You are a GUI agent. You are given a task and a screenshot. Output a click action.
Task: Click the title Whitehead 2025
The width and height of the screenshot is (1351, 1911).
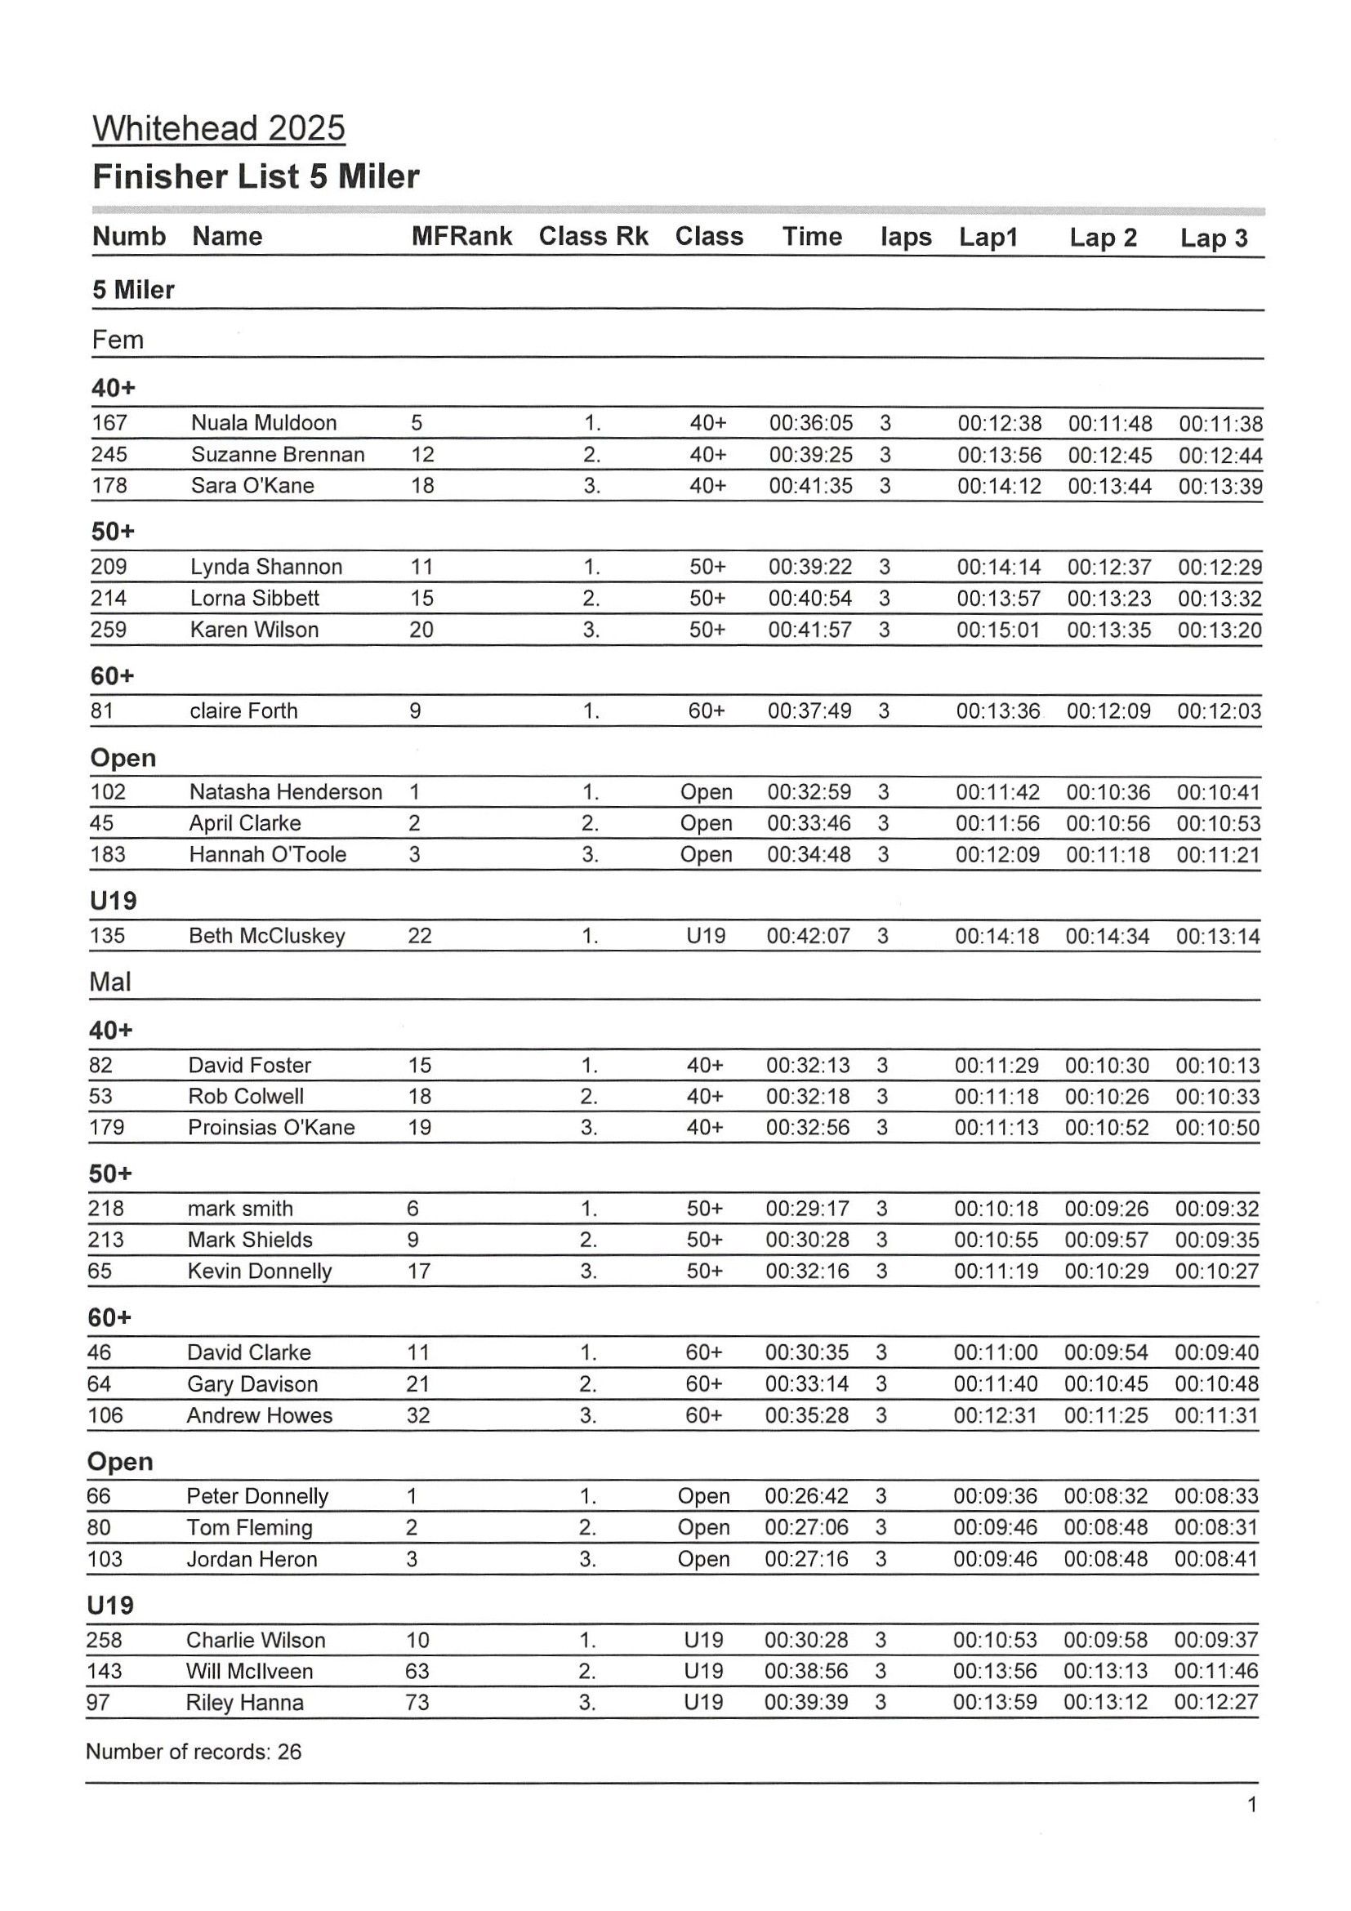(218, 128)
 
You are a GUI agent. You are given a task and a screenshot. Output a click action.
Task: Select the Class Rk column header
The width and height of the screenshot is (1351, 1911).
(593, 236)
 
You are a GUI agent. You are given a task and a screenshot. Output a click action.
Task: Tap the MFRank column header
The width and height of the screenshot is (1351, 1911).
(461, 236)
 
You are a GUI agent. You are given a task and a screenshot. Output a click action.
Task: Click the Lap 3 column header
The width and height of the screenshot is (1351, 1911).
(1213, 238)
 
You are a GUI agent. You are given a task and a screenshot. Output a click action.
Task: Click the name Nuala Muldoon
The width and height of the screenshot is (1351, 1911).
(263, 423)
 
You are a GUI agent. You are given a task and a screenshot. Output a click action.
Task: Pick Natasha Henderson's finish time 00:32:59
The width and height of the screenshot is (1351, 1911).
(809, 791)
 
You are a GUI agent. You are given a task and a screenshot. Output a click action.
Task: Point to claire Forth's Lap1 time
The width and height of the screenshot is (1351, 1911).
(997, 710)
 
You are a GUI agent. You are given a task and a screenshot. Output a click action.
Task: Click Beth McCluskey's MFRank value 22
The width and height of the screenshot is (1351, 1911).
(420, 936)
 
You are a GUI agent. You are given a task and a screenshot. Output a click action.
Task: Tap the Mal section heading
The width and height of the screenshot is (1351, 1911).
(110, 982)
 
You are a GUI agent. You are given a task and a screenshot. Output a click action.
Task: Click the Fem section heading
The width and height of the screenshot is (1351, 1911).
(118, 340)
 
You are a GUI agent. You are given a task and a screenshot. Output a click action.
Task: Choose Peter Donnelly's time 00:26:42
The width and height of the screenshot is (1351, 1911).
(805, 1495)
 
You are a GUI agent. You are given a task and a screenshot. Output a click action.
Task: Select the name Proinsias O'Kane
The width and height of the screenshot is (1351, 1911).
(271, 1127)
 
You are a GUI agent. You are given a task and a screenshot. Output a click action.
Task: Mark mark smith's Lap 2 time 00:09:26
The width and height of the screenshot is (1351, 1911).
(1106, 1209)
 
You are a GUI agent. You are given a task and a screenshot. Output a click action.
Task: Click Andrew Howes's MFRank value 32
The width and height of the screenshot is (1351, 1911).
(418, 1415)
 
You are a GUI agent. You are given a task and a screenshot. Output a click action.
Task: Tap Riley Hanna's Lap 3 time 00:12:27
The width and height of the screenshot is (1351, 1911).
(1215, 1702)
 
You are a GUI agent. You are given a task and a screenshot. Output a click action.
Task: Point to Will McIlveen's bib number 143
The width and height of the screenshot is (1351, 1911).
(104, 1670)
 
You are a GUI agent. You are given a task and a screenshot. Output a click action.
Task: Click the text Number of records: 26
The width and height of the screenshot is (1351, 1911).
(193, 1752)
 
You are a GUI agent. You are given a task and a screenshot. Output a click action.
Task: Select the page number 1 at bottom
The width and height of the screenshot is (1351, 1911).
(1252, 1805)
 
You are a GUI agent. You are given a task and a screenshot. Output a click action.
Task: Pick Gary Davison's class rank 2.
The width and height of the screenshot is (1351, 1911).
(587, 1384)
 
